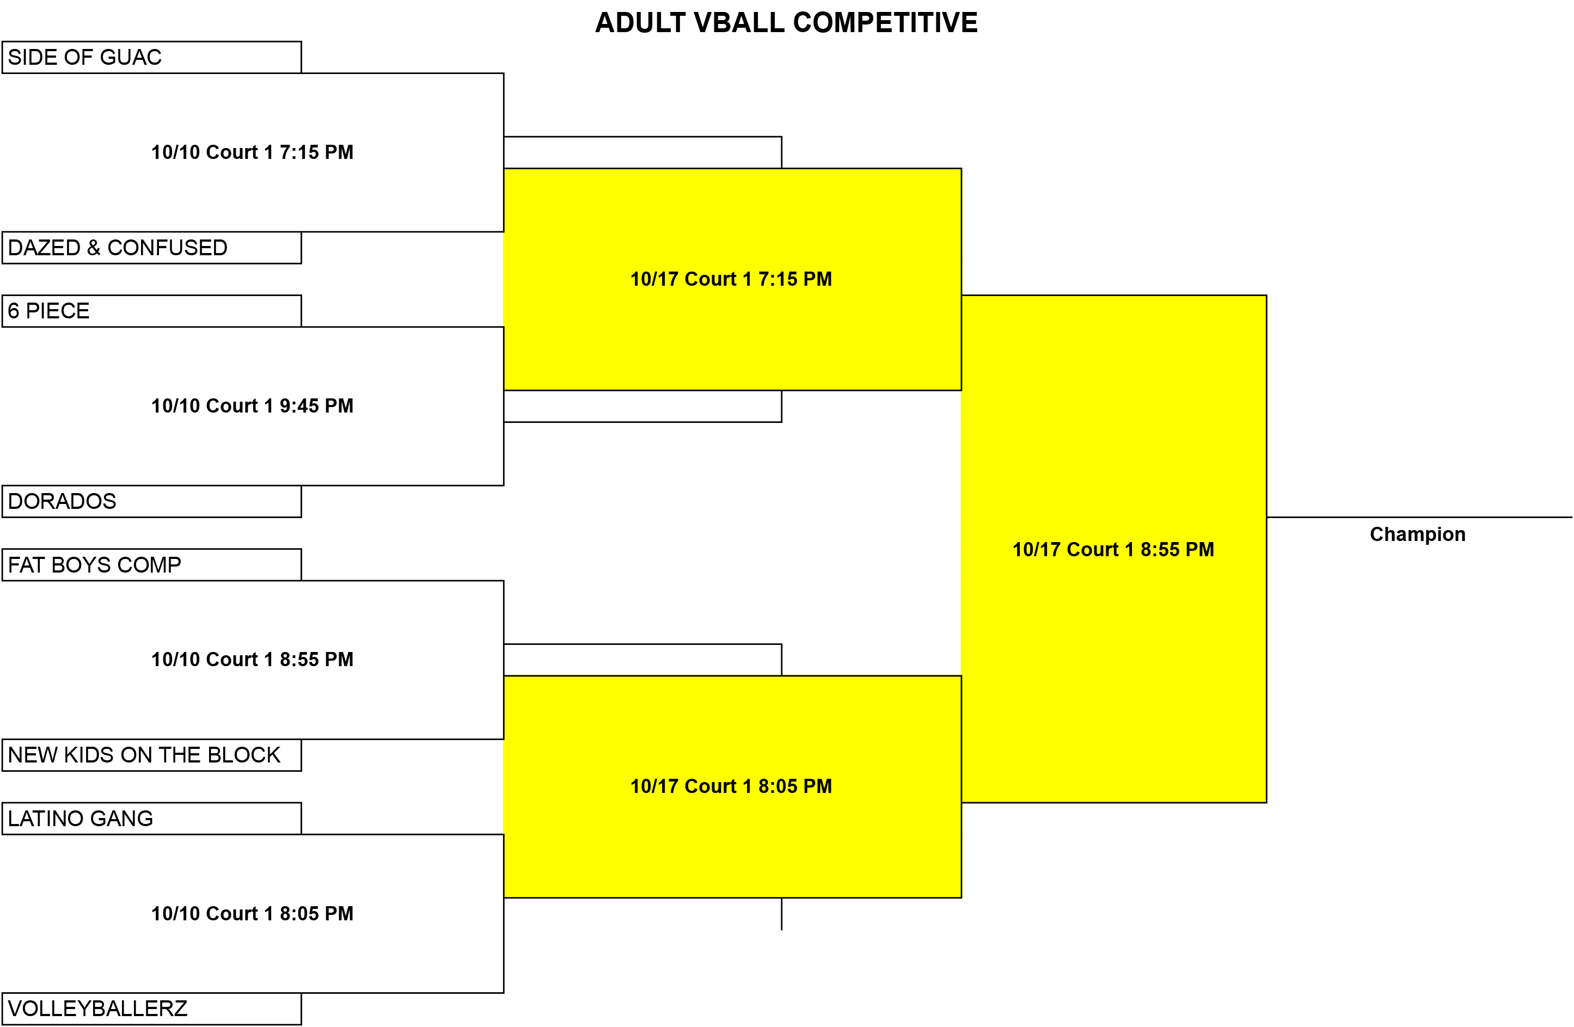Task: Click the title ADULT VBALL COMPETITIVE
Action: (x=786, y=22)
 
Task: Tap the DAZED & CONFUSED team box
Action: (x=151, y=247)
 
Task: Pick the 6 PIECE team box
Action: (x=151, y=311)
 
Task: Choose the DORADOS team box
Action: (x=151, y=501)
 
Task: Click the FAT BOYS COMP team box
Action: (x=151, y=565)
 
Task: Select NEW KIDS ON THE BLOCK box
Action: (x=151, y=755)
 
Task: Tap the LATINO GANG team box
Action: (x=151, y=819)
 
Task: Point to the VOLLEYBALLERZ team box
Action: (x=151, y=1009)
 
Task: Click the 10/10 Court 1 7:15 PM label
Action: (x=252, y=152)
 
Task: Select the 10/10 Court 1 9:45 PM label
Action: (x=252, y=405)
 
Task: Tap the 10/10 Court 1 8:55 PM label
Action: (x=252, y=659)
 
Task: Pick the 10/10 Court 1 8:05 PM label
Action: (x=252, y=913)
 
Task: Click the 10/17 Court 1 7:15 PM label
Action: (x=731, y=279)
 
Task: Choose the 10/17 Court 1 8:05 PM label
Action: (x=731, y=786)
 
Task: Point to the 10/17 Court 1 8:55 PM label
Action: (x=1113, y=550)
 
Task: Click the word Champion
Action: (x=1417, y=534)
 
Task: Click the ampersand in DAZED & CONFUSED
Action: (x=93, y=248)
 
